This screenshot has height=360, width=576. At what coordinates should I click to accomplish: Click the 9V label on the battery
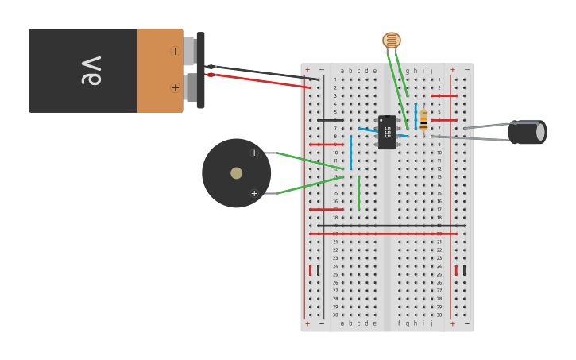[91, 70]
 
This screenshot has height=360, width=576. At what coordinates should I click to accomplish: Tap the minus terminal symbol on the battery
[175, 51]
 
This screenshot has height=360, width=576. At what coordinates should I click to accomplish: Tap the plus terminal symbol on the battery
[175, 87]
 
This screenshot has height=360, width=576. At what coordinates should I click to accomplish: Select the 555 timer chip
[387, 132]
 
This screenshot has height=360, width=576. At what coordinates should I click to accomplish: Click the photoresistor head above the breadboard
[392, 40]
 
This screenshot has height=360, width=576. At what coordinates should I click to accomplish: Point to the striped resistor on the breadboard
[423, 120]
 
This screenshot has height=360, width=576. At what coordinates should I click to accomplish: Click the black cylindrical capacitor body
[527, 132]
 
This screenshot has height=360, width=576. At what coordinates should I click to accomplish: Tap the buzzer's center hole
[236, 173]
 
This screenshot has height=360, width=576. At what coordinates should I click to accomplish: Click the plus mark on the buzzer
[254, 193]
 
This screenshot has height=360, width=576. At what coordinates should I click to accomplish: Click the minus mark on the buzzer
[254, 153]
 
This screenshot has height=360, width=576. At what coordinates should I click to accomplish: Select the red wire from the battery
[262, 80]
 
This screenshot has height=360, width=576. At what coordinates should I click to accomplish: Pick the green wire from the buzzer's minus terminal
[310, 161]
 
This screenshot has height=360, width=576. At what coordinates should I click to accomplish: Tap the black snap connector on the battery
[200, 70]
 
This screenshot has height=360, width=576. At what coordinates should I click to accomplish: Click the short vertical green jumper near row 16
[358, 193]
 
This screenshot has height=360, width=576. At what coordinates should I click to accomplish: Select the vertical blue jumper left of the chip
[350, 152]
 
